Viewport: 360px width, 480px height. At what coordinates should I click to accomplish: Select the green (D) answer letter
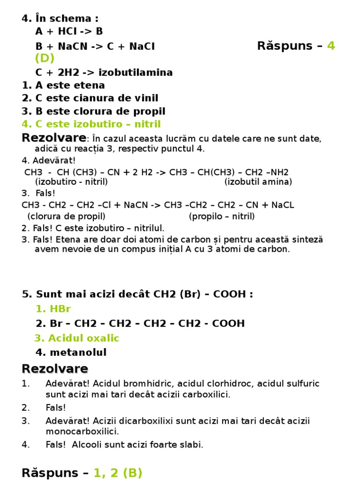pos(45,58)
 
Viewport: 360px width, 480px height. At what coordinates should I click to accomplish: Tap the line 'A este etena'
pos(70,85)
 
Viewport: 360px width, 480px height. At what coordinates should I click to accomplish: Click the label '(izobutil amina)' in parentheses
pos(258,182)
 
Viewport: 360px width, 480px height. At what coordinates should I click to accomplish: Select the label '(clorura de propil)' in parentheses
pos(66,216)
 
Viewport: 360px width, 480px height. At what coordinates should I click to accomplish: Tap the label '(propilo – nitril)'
pos(222,216)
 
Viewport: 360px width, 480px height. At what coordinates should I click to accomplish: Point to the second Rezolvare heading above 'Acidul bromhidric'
pos(55,368)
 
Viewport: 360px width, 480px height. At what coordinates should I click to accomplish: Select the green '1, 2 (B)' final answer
pos(118,473)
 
